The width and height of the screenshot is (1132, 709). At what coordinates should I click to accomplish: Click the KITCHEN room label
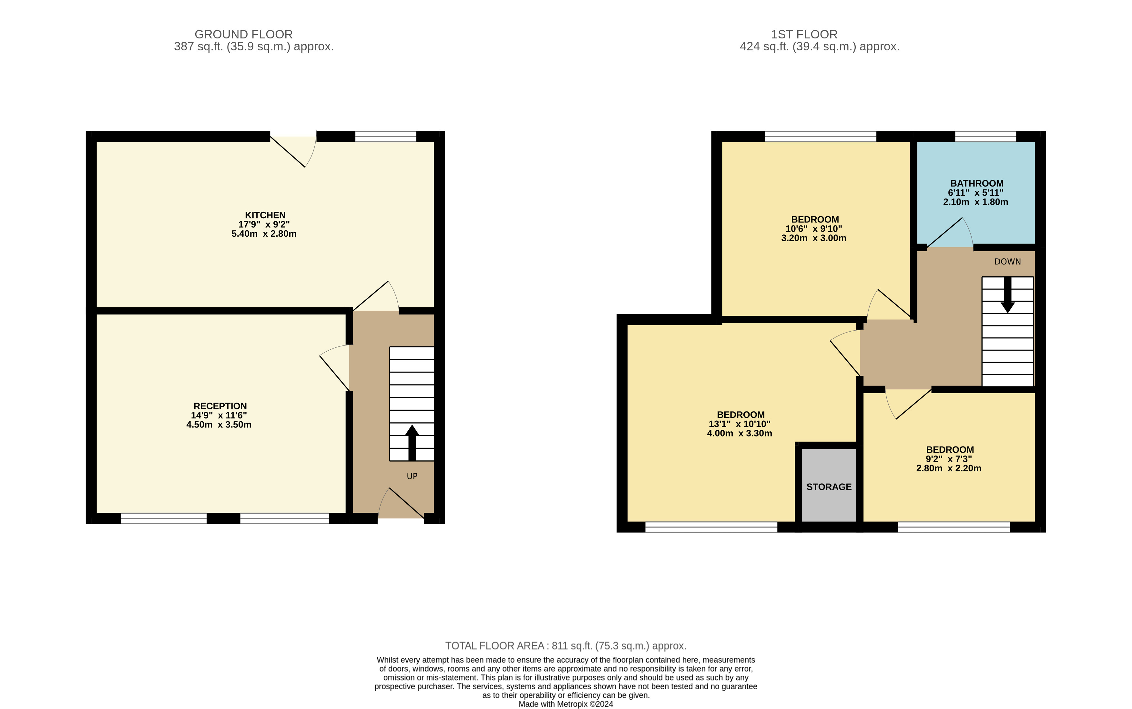(x=265, y=215)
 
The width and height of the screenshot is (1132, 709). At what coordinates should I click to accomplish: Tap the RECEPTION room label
(x=220, y=406)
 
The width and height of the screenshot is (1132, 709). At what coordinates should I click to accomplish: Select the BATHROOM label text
(x=977, y=183)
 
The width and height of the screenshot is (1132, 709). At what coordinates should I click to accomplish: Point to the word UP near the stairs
(x=412, y=476)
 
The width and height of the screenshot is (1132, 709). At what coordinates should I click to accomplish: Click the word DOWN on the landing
(x=1007, y=262)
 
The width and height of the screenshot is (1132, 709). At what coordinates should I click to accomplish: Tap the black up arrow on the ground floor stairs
(x=412, y=443)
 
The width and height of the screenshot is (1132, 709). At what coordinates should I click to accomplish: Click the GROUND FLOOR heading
(x=244, y=34)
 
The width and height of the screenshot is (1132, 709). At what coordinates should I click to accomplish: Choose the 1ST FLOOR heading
(x=804, y=34)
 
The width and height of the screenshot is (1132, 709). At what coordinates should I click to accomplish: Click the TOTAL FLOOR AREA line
(x=566, y=646)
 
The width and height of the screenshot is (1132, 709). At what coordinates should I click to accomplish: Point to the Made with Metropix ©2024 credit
(x=566, y=704)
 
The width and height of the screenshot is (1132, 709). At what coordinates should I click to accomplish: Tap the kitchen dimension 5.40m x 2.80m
(x=264, y=233)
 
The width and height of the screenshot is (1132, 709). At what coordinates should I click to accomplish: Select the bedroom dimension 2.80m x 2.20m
(x=949, y=468)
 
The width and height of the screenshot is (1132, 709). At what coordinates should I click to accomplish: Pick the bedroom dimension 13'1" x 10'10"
(x=740, y=424)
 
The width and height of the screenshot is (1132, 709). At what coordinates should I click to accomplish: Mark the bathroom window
(x=985, y=137)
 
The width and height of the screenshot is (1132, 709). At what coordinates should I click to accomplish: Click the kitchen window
(x=386, y=137)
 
